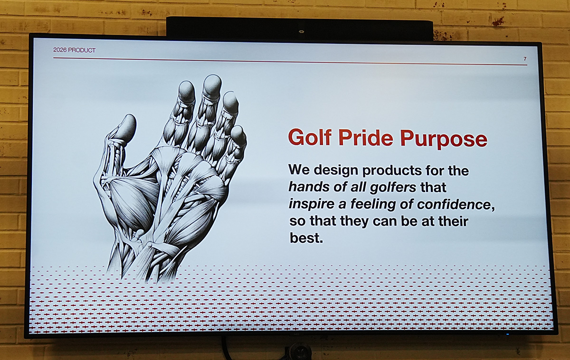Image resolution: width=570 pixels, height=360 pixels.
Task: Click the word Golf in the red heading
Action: point(310,137)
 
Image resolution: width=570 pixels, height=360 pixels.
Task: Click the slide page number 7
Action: point(525,59)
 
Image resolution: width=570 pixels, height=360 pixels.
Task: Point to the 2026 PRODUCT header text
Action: point(74,50)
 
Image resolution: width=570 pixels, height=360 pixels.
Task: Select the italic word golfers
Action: point(393,188)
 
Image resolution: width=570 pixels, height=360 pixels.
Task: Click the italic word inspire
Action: point(312,204)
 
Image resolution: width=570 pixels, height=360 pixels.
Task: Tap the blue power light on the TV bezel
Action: point(508,334)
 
